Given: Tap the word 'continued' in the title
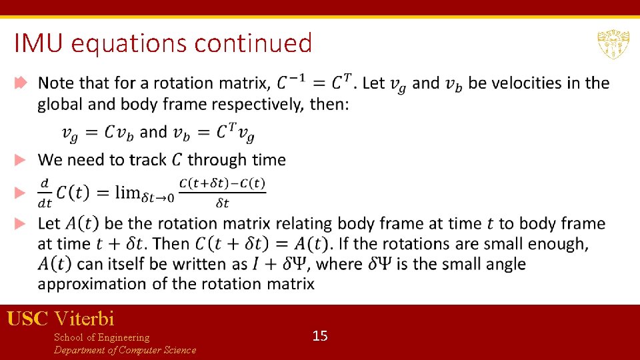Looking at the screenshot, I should pos(253,44).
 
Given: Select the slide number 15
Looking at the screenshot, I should pos(320,335).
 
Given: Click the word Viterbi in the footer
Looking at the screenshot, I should pos(85,318).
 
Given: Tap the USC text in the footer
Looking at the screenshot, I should pos(27,318).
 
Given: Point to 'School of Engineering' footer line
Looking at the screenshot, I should pos(101,337).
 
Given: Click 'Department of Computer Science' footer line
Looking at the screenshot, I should pos(125,350).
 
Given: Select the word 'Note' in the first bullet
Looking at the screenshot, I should pos(57,83).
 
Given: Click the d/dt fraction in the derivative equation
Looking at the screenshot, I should pos(45,192).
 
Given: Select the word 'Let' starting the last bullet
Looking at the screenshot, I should pos(49,223).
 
